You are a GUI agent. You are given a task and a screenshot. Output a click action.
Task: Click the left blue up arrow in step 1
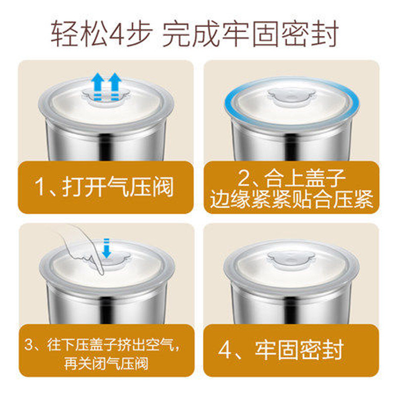[x=98, y=86]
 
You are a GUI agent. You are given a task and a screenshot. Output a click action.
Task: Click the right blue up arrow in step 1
[x=115, y=86]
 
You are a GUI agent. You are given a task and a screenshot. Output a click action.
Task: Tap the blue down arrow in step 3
[x=106, y=248]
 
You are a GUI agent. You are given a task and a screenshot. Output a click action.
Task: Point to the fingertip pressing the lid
[x=100, y=271]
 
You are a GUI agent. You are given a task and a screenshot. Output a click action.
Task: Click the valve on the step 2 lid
[x=292, y=96]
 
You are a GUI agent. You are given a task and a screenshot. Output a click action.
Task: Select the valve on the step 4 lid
[x=292, y=259]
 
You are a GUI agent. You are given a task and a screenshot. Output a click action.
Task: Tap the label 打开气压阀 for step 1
[x=118, y=187]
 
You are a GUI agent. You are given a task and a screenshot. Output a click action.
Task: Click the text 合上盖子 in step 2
[x=305, y=179]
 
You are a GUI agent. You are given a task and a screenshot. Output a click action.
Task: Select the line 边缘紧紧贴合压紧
[x=292, y=199]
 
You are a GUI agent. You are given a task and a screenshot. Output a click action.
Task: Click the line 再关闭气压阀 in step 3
[x=106, y=364]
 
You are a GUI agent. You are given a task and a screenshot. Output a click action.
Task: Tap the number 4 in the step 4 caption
[x=224, y=350]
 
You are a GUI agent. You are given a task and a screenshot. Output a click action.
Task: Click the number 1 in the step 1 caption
[x=40, y=187]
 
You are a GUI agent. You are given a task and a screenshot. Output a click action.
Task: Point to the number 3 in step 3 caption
[x=29, y=345]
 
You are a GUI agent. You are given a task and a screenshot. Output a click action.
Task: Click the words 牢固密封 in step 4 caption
[x=299, y=350]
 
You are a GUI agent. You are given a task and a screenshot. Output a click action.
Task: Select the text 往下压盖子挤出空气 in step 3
[x=111, y=345]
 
